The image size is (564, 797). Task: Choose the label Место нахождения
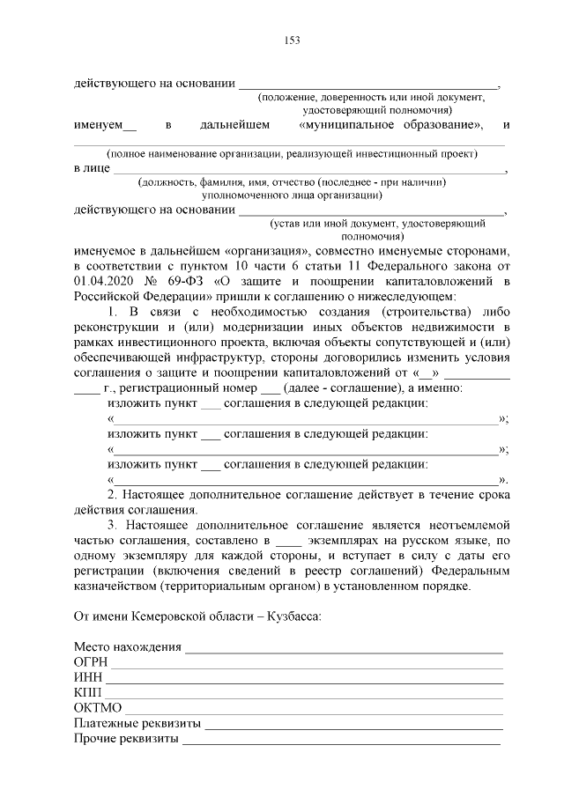pyautogui.click(x=128, y=646)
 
